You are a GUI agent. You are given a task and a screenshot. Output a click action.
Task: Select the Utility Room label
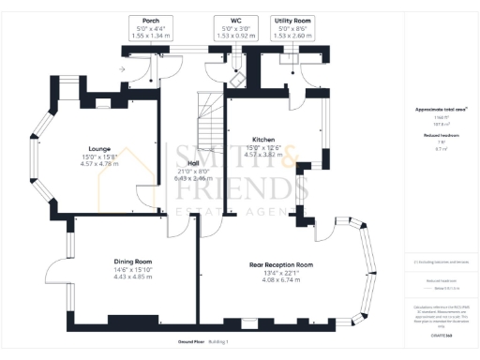click(292, 20)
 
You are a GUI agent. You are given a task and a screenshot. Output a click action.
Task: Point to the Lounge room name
click(100, 149)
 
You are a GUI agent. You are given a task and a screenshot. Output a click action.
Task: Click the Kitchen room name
click(262, 138)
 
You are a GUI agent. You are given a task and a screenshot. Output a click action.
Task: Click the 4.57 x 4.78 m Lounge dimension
click(100, 165)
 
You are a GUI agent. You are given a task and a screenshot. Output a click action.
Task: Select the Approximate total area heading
click(441, 110)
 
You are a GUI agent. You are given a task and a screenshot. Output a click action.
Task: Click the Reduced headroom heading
click(441, 136)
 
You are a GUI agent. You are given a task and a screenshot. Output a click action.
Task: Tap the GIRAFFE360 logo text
click(441, 334)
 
